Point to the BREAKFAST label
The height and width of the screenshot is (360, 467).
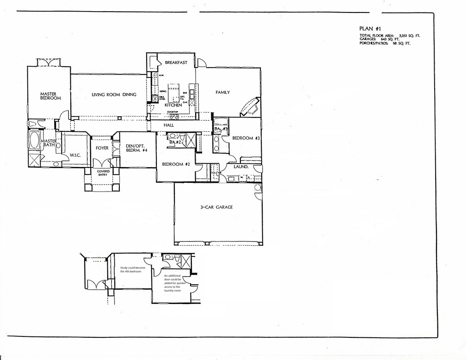point(176,62)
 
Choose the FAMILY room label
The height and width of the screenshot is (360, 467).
point(222,93)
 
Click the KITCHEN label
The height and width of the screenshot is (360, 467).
point(173,106)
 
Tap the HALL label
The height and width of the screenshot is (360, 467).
point(168,125)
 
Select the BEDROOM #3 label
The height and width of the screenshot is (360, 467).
point(246,138)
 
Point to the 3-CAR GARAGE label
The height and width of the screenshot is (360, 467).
point(216,207)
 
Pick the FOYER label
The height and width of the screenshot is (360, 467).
point(102,148)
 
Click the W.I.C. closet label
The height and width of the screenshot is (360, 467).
point(75,155)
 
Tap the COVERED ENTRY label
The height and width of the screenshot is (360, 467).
point(103,173)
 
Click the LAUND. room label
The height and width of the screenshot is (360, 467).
point(241,167)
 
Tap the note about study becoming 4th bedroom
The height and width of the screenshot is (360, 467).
point(131,270)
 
